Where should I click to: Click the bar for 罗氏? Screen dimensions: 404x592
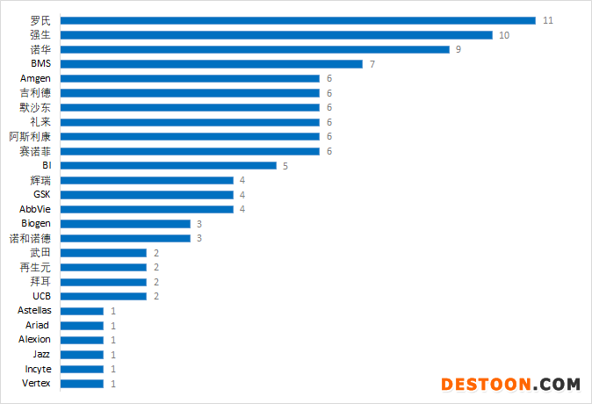coord(299,20)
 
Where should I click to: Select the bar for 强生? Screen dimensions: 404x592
coord(277,35)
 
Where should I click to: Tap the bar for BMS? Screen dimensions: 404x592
coord(212,64)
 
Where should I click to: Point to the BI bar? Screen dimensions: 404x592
coord(169,165)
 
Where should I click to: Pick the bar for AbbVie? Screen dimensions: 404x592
coord(147,209)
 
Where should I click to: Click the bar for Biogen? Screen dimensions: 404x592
coord(126,224)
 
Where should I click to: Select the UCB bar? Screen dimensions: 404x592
coord(104,296)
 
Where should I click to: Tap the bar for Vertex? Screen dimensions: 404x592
coord(83,384)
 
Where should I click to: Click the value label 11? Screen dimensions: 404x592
coord(548,20)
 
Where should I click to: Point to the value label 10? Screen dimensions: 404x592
coord(504,35)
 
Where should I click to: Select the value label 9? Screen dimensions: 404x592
coord(458,49)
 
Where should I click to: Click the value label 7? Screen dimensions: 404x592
coord(372,64)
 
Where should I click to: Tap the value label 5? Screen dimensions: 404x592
coord(285,165)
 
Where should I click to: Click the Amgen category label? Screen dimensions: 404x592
coord(35,78)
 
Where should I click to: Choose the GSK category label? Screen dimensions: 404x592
coord(42,194)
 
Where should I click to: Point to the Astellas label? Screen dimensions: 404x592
coord(34,311)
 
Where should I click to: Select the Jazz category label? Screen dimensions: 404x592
coord(42,354)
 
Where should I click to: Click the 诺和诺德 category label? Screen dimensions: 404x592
coord(30,238)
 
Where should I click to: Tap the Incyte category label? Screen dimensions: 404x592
coord(38,369)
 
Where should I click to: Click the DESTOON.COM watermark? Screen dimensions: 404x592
coord(510,385)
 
